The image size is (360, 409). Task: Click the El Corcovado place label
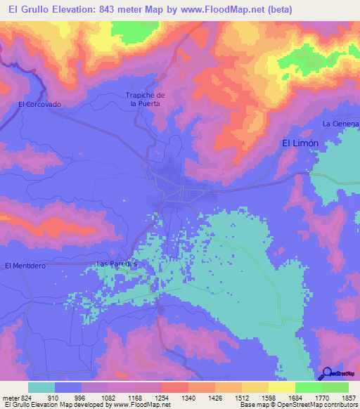39,104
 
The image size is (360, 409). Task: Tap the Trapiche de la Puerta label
145,99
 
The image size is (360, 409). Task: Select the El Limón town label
300,143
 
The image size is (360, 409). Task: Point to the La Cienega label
340,124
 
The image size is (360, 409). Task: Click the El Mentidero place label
25,266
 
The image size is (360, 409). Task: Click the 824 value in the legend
22,397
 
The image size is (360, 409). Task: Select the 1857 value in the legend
349,397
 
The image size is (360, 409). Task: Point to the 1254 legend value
161,397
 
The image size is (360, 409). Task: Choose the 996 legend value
79,397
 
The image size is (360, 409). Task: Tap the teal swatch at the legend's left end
41,387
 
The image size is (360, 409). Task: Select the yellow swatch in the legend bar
281,387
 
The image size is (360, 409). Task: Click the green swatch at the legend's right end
335,387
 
